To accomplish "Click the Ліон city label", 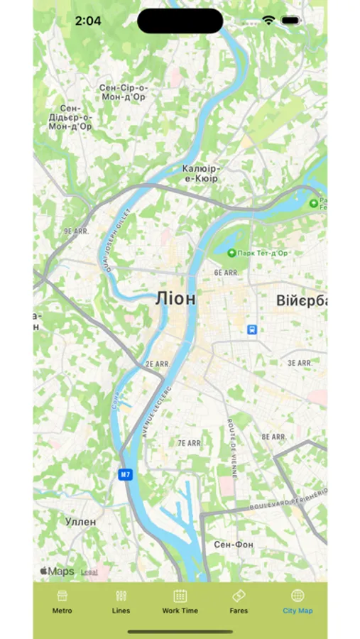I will [175, 299].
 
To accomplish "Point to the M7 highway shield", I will [126, 474].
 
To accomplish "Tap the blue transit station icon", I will [251, 329].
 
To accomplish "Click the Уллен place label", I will [80, 521].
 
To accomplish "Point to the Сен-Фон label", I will [234, 545].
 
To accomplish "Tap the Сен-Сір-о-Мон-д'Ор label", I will [124, 92].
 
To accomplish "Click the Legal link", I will [89, 572].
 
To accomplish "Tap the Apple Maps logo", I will [57, 571].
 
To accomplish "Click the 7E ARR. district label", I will [189, 442].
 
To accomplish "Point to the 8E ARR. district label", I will [273, 437].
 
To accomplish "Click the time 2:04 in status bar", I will [88, 21].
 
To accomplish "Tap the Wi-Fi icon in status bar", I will [268, 21].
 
